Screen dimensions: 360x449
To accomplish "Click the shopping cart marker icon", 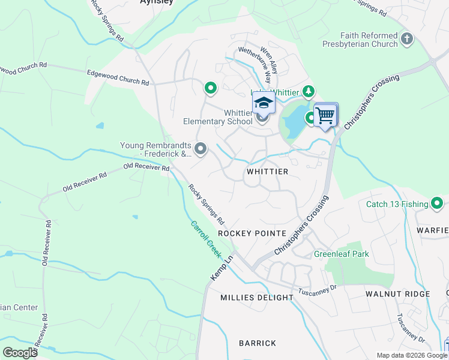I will coord(325,114).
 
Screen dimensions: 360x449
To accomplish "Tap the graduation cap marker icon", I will coord(263,104).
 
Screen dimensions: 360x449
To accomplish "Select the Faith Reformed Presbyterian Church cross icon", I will coord(407,40).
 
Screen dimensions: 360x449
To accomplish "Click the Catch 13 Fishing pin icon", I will coord(438,204).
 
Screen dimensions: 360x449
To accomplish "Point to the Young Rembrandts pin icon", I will coord(200,148).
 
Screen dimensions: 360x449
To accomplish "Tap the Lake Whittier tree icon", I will coord(309,91).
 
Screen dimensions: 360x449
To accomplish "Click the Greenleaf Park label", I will coord(342,254).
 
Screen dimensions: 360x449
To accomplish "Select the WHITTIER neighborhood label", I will coord(268,172).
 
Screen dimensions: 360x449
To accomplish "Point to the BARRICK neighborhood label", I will coord(258,343).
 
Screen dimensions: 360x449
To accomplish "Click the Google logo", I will coord(20,352).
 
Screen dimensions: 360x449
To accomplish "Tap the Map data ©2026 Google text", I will coord(411,355).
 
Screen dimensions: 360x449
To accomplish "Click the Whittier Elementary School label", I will coord(218,117).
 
